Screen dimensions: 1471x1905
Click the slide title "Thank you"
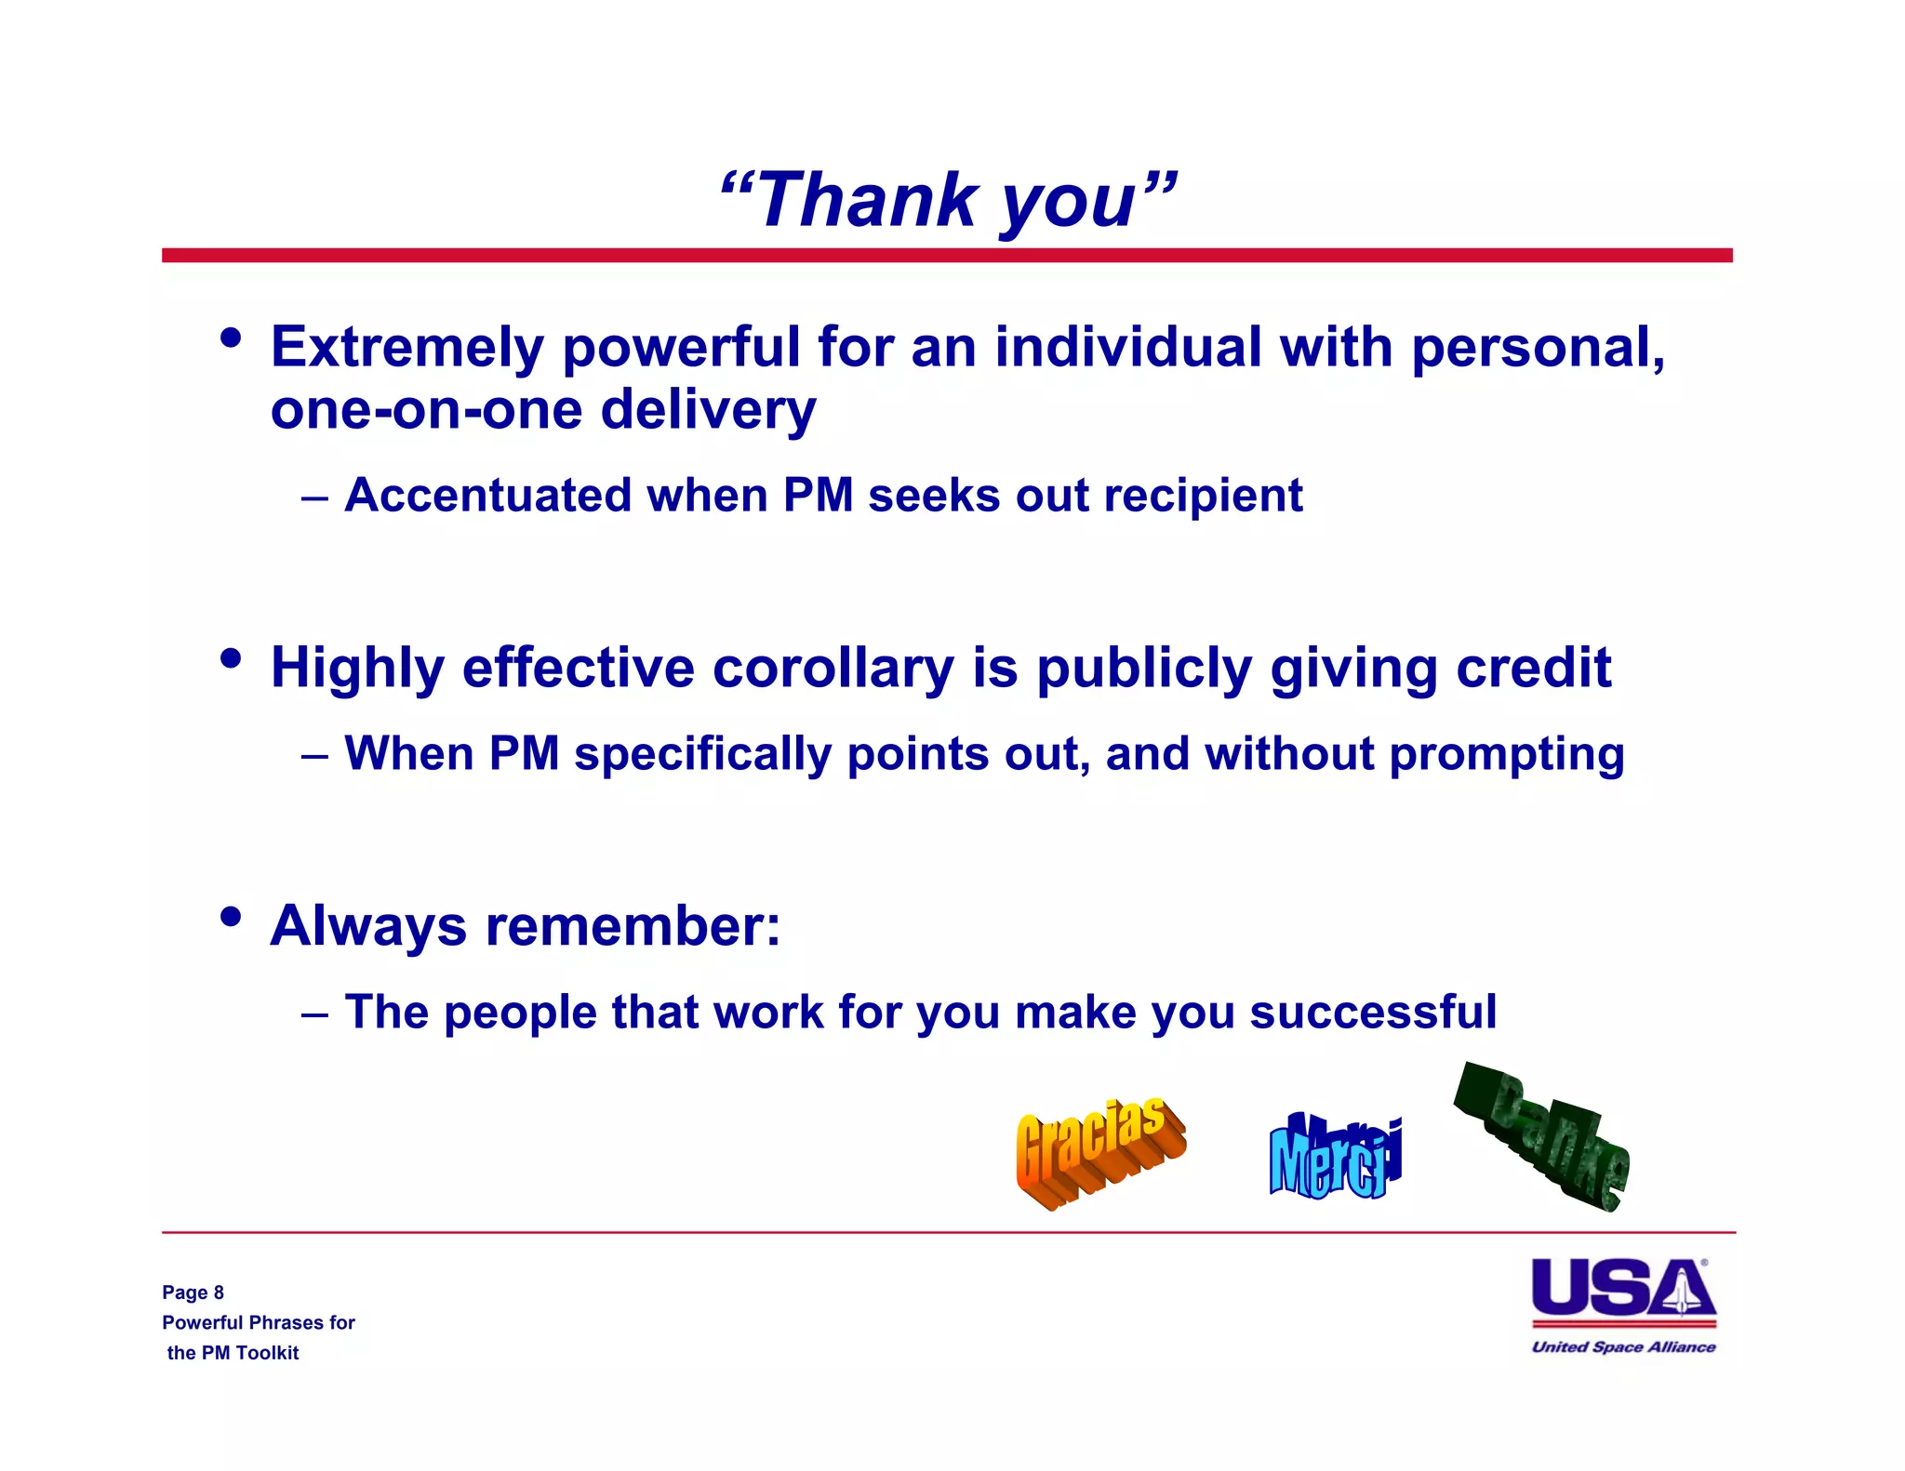click(948, 201)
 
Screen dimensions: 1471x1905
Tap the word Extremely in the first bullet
click(406, 348)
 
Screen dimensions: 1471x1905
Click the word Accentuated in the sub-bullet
click(487, 496)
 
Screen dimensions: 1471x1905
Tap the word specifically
click(701, 754)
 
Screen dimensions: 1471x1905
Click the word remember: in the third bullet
click(633, 926)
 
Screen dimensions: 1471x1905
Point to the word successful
click(1373, 1012)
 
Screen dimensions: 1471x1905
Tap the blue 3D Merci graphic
click(1334, 1158)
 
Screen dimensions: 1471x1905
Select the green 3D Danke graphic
click(1544, 1139)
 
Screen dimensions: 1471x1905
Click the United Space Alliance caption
click(1623, 1347)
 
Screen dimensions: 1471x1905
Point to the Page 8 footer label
click(193, 1292)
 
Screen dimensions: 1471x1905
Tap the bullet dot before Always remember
click(231, 918)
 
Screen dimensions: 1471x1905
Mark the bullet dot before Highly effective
click(231, 659)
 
